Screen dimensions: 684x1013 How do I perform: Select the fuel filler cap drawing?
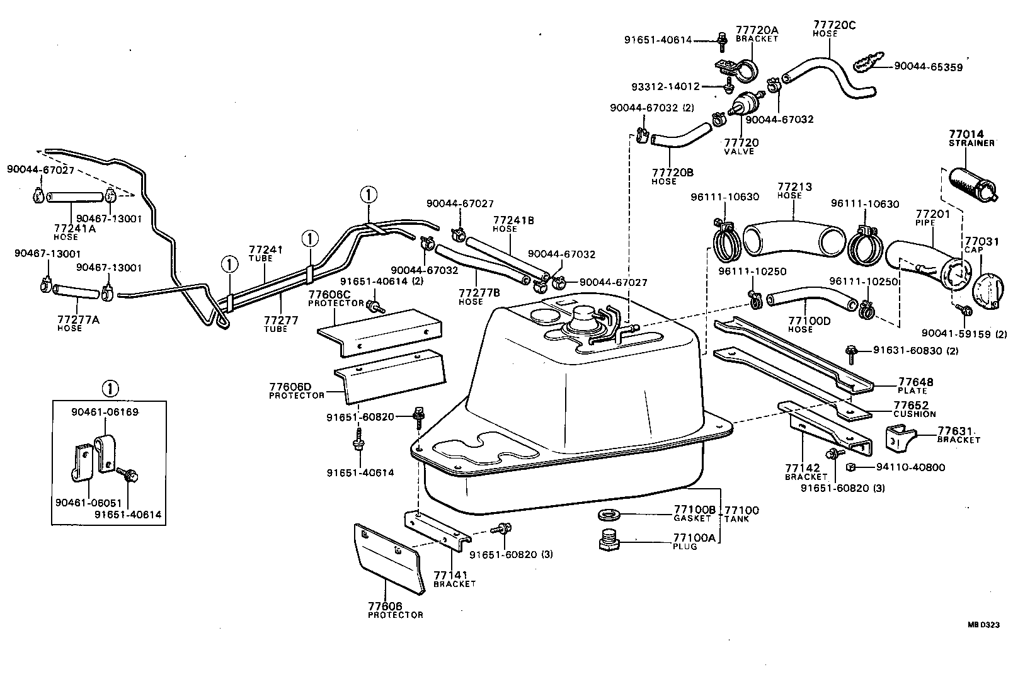pyautogui.click(x=987, y=292)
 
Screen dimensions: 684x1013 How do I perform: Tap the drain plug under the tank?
pyautogui.click(x=609, y=541)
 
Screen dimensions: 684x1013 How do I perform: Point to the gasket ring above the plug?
pyautogui.click(x=608, y=516)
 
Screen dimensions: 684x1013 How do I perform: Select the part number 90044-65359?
pyautogui.click(x=928, y=66)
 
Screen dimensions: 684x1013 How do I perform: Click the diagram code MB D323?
pyautogui.click(x=983, y=625)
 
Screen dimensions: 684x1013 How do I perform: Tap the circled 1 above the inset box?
pyautogui.click(x=110, y=389)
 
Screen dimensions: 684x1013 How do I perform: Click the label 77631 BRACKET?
pyautogui.click(x=958, y=435)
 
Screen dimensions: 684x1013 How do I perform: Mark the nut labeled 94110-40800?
pyautogui.click(x=850, y=467)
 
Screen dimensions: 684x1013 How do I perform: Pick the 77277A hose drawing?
pyautogui.click(x=77, y=292)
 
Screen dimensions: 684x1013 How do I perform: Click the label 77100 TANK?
pyautogui.click(x=741, y=514)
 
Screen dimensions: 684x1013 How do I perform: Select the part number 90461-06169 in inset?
pyautogui.click(x=104, y=412)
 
